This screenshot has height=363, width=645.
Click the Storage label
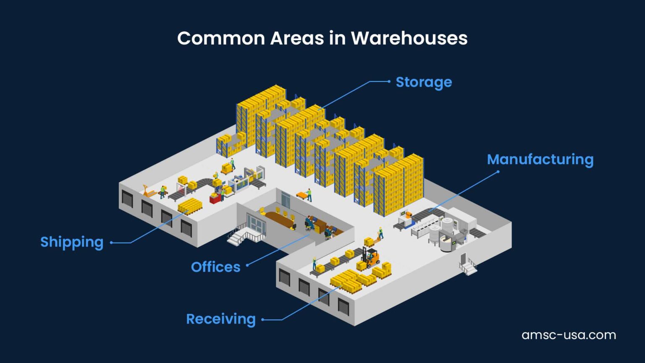424,82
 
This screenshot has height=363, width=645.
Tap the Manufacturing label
540,159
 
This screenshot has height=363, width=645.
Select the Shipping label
72,242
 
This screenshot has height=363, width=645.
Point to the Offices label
215,267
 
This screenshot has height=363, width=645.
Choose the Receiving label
221,319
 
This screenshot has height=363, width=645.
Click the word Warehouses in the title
409,38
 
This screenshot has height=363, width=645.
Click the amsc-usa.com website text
569,335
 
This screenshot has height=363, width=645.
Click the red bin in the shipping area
215,198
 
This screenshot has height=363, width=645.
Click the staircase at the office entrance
238,237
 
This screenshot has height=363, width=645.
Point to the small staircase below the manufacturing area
468,266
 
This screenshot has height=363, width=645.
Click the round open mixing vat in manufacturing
448,244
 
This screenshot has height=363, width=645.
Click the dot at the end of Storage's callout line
389,81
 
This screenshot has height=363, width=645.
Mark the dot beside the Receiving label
263,319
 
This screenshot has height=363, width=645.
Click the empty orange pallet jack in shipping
147,191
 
